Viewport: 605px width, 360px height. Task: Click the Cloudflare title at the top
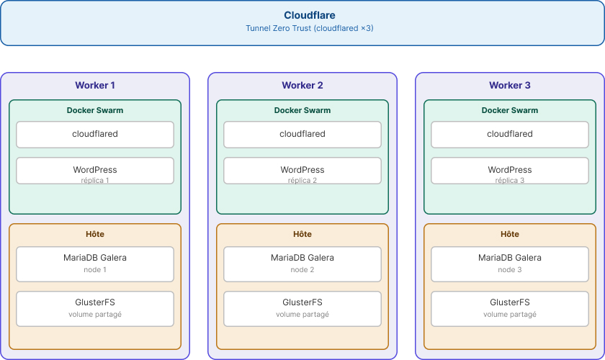(310, 15)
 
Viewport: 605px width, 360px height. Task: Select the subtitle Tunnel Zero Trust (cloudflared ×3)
(310, 28)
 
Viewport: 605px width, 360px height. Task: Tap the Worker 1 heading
(95, 85)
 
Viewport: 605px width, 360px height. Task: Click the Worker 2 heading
(302, 85)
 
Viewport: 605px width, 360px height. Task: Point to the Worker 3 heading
(510, 85)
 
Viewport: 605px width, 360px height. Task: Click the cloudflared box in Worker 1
(95, 134)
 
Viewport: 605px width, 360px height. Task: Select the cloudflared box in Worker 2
(302, 134)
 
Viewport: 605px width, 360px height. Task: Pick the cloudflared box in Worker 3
(510, 134)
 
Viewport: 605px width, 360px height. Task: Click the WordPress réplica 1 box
(95, 171)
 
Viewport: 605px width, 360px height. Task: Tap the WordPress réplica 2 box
(302, 171)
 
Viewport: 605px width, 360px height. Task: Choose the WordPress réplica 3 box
(510, 171)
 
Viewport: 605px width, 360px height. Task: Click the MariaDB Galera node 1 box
(95, 264)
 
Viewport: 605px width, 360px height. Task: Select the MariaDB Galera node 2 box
(302, 264)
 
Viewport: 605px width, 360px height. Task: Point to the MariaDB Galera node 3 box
(510, 264)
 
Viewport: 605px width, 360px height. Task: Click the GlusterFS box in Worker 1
(95, 309)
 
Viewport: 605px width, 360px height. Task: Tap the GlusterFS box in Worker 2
(302, 309)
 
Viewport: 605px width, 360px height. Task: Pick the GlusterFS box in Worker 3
(510, 309)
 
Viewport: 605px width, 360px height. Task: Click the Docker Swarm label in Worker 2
(302, 110)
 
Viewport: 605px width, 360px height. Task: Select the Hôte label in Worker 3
(510, 234)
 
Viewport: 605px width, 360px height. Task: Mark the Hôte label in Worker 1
(95, 234)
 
